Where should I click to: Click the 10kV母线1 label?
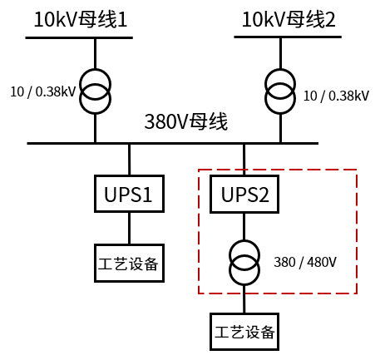click(x=81, y=19)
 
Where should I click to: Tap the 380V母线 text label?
click(x=186, y=122)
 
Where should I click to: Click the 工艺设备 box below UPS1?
click(x=129, y=265)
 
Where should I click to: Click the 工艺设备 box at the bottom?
click(x=244, y=333)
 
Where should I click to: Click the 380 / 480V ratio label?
click(x=305, y=262)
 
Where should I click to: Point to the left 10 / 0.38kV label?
click(x=42, y=90)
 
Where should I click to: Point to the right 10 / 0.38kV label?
click(x=336, y=96)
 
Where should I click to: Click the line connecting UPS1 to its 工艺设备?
click(x=129, y=229)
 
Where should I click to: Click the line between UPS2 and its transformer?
click(x=244, y=227)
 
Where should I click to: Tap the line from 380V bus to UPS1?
click(x=129, y=159)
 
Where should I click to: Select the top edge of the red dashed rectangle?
click(x=277, y=170)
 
